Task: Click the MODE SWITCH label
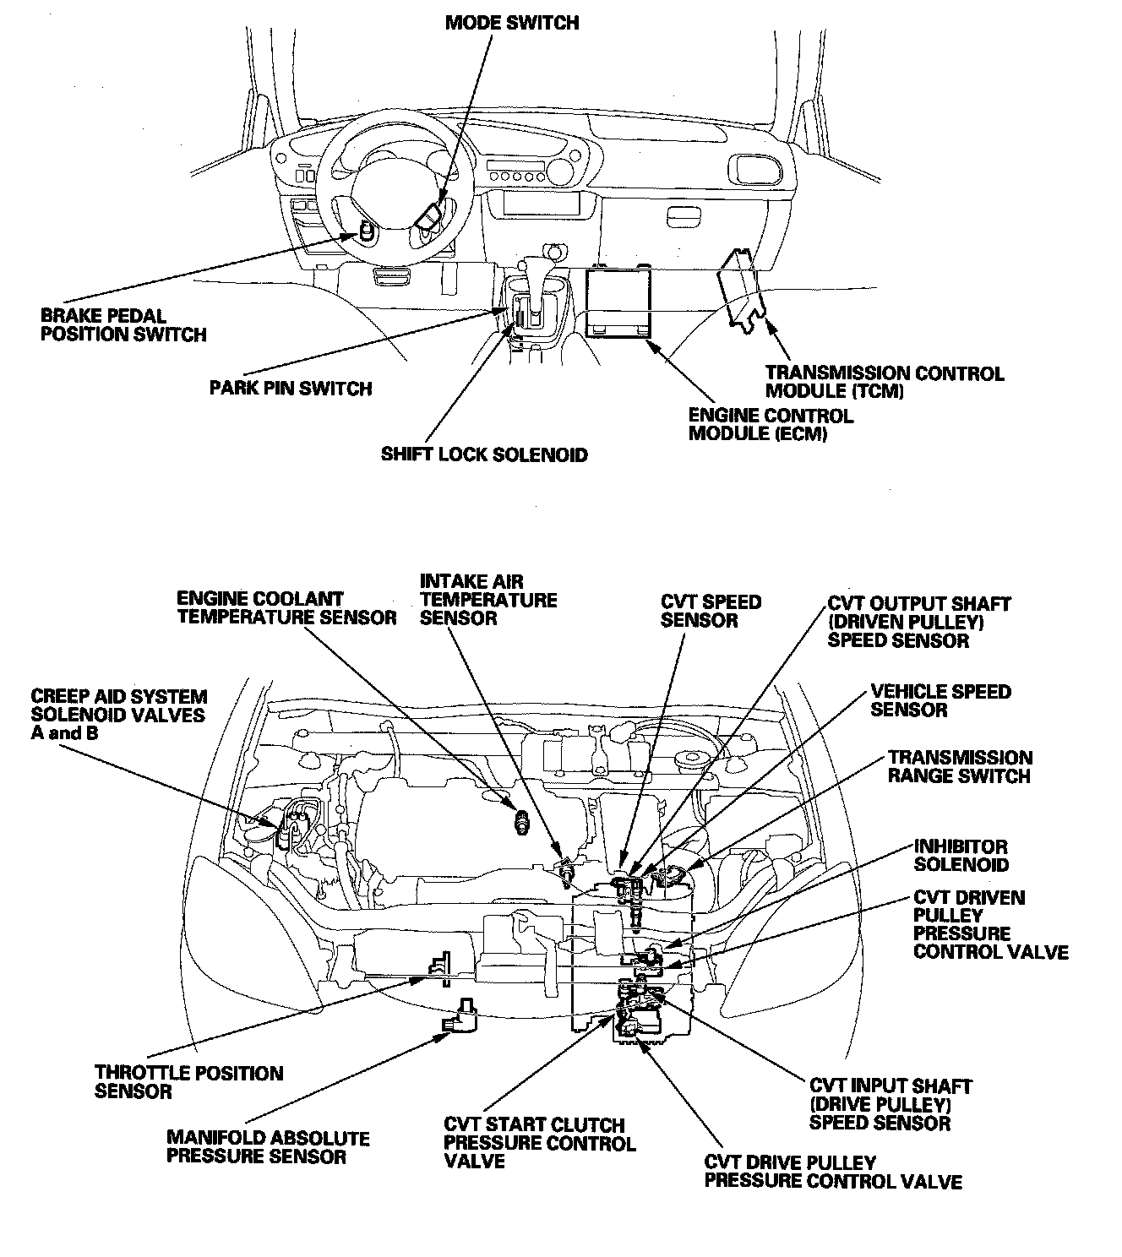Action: click(512, 23)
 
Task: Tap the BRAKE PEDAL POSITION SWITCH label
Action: click(123, 325)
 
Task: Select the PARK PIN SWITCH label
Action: click(291, 389)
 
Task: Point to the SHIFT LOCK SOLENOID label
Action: click(484, 454)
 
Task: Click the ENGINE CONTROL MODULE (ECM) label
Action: click(771, 425)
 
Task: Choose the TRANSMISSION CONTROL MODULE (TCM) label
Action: click(884, 382)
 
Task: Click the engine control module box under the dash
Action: click(619, 302)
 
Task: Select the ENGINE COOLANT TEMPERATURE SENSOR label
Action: click(286, 608)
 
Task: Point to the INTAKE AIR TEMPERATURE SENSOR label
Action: click(488, 600)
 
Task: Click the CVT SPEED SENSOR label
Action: click(711, 611)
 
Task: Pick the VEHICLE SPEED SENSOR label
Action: click(940, 700)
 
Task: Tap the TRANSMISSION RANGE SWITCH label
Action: click(960, 767)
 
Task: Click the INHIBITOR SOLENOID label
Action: click(961, 855)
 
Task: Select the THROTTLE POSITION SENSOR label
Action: click(188, 1082)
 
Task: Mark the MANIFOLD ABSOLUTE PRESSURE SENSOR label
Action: click(268, 1147)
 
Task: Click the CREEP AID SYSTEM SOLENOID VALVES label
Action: click(118, 715)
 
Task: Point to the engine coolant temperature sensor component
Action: click(521, 819)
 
